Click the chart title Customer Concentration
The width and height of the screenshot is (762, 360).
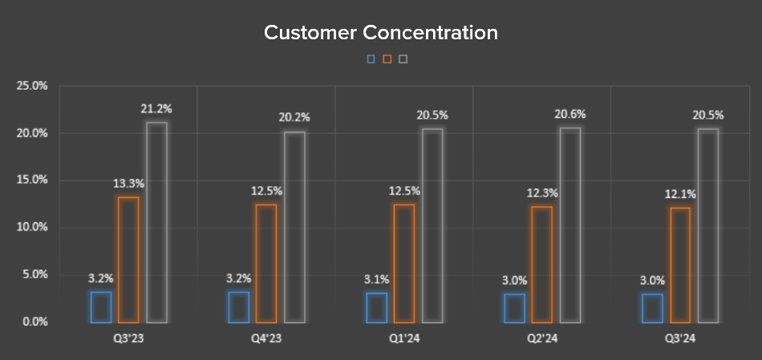tap(381, 33)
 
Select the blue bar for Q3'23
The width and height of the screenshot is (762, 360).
tap(101, 307)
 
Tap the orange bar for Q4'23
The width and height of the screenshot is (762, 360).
tap(266, 263)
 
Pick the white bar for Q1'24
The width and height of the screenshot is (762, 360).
tap(432, 225)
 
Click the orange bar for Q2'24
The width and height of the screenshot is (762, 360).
tap(542, 265)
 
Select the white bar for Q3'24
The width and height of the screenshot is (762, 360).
tap(708, 225)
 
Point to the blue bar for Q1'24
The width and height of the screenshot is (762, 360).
tap(377, 308)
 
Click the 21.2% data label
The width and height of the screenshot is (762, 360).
tap(156, 108)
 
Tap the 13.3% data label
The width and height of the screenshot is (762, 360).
tap(128, 184)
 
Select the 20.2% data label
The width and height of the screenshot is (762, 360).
tap(294, 117)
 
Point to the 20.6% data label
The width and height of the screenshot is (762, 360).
tap(570, 115)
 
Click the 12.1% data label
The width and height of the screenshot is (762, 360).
tap(680, 194)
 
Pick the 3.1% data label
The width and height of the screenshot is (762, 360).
tap(376, 279)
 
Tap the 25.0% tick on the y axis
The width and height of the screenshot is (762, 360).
tap(32, 85)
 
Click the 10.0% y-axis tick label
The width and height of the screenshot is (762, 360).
tap(32, 227)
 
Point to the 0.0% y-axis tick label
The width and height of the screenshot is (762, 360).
tap(34, 322)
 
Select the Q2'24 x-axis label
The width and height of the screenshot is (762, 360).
tap(542, 339)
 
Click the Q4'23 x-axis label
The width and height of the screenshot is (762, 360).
tap(266, 339)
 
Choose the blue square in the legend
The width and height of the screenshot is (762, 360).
tap(371, 59)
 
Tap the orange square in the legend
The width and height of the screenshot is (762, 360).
tap(387, 59)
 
